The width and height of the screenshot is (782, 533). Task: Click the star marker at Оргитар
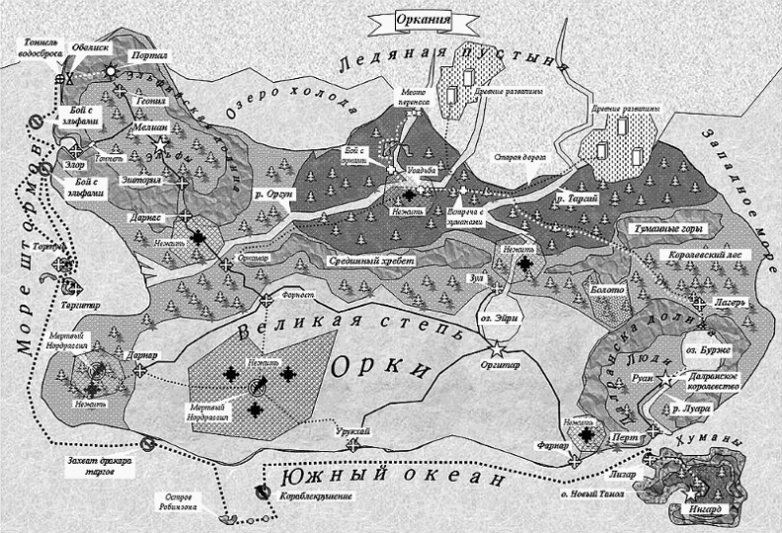[498, 348]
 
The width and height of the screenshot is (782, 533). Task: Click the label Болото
[607, 290]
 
